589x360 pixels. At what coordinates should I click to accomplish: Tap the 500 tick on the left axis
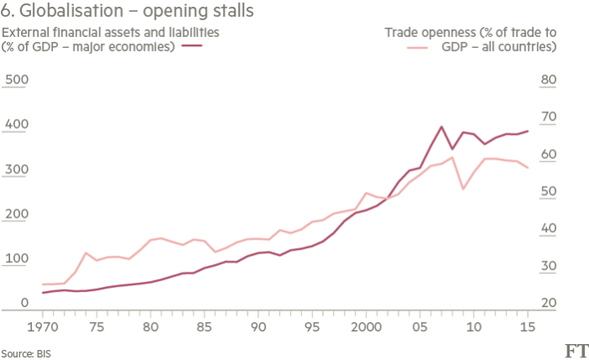tap(17, 80)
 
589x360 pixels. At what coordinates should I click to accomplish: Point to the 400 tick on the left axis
tap(17, 124)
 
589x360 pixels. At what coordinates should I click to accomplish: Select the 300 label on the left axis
tap(17, 169)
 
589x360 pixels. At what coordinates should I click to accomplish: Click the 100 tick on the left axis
tap(17, 258)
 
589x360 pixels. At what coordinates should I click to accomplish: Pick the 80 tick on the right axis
tap(549, 80)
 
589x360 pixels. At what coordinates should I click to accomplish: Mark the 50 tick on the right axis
tap(549, 192)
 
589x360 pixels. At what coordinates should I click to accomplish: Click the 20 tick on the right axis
tap(549, 303)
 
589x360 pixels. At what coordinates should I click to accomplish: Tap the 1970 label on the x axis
tap(42, 326)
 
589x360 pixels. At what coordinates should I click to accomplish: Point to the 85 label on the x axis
tap(204, 326)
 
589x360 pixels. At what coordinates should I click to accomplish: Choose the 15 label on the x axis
tap(527, 326)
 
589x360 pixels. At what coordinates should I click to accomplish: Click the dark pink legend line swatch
tap(193, 46)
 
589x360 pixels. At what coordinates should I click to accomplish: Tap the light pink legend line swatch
tap(417, 46)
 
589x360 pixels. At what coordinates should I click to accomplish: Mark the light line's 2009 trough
tap(463, 189)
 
